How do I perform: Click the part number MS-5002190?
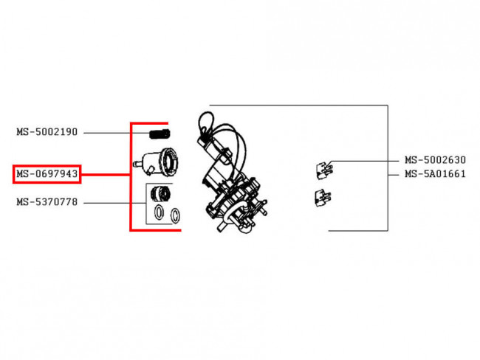tap(47, 132)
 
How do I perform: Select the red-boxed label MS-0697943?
tap(47, 174)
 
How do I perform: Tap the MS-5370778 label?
tap(47, 202)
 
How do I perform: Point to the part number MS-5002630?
tap(435, 160)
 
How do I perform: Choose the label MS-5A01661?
tap(435, 174)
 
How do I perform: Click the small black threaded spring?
tap(160, 134)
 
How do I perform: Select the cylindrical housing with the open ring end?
tap(157, 162)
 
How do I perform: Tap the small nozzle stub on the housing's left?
tap(137, 164)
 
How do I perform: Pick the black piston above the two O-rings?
tap(161, 193)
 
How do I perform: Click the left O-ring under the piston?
tap(159, 212)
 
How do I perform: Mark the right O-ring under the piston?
tap(175, 215)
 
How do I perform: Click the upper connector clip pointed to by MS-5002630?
tap(324, 170)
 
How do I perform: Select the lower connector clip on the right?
tap(323, 198)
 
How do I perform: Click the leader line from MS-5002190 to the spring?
tap(117, 133)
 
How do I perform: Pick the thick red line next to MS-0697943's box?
tap(106, 175)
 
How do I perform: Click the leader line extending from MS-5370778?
tap(114, 203)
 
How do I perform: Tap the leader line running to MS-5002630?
tap(364, 161)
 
